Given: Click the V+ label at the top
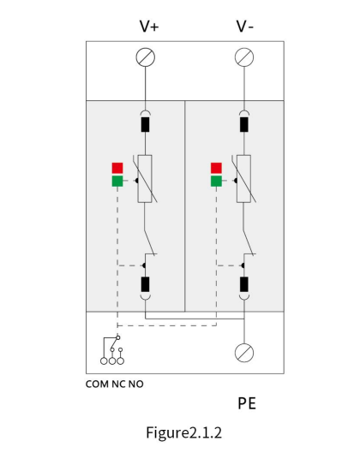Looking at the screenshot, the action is [x=149, y=27].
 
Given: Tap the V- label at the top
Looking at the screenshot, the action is [x=245, y=27].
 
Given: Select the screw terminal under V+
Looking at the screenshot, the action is [x=146, y=57].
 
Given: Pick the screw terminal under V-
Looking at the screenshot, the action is [x=244, y=57].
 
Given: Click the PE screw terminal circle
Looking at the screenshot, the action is [x=244, y=353].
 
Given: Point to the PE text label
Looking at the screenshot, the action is [x=247, y=403].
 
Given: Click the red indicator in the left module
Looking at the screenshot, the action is [x=117, y=168].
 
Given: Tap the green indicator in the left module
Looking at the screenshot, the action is [x=117, y=181].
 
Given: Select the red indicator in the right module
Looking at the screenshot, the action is [x=216, y=168].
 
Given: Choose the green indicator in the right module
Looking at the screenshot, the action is [x=216, y=181].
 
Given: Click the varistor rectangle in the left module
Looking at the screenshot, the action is [x=145, y=179].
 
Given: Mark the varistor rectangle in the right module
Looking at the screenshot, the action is [x=243, y=179].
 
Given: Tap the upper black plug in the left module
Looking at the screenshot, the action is [x=145, y=124].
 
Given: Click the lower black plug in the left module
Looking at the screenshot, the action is [x=145, y=284].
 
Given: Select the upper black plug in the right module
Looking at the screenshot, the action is [x=244, y=124].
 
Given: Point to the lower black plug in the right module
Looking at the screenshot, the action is [x=244, y=284].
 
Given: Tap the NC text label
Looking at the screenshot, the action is [x=118, y=384].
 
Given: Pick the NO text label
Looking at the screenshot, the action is [x=136, y=384].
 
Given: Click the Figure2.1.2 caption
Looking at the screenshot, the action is [x=184, y=433].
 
